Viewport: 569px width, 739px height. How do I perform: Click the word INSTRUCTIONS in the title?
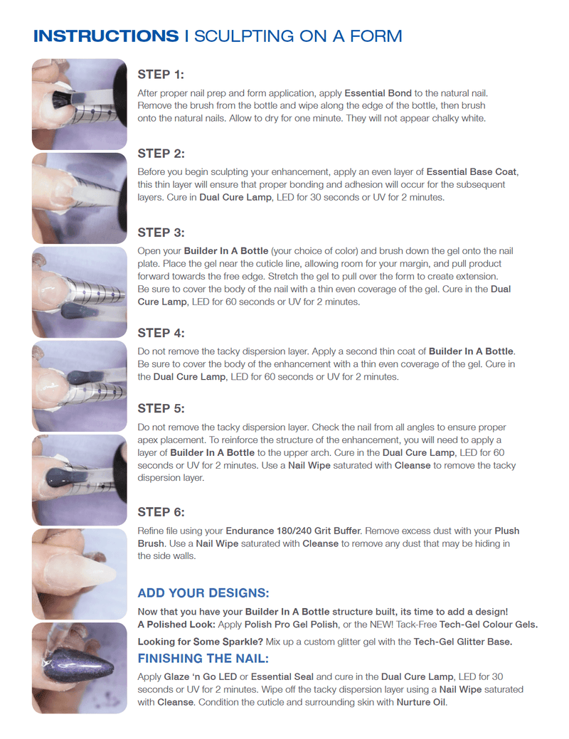105,36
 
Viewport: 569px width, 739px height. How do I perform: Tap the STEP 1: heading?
161,74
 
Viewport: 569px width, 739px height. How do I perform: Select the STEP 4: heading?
161,333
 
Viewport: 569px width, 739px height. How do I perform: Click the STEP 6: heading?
161,512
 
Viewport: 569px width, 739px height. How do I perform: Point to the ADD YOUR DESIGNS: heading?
203,593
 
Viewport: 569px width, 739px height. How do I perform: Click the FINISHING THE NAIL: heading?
203,658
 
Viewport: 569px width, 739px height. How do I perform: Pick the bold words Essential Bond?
377,93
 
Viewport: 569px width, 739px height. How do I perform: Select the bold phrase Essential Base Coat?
472,172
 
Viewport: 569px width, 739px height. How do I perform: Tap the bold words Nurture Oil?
421,702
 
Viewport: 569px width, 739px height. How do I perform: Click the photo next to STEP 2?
79,198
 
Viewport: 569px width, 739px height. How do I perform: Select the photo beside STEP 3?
79,292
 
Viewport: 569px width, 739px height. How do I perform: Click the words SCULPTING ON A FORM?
298,36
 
